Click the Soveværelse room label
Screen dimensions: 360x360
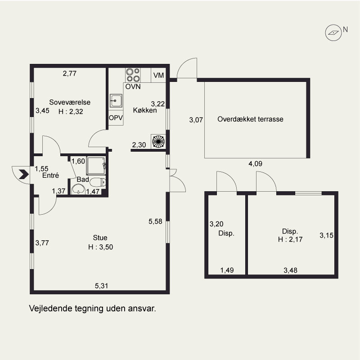70,102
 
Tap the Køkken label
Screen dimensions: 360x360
145,110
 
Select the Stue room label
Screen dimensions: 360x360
100,238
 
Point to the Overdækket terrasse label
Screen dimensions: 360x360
250,119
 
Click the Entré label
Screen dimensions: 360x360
50,175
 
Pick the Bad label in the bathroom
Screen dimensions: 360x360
83,179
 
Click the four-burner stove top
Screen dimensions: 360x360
133,75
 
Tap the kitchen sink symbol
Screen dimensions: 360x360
116,100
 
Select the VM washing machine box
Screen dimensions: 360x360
158,75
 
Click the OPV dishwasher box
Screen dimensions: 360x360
116,117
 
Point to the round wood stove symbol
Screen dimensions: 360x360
158,141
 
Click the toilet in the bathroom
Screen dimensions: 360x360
98,183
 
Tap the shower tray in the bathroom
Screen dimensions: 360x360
96,166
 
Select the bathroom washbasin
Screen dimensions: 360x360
78,189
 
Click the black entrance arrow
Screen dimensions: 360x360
24,174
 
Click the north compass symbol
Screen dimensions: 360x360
333,33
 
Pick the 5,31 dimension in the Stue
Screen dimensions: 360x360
102,286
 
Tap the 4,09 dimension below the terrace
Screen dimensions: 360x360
255,164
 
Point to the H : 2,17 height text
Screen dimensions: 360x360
290,239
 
